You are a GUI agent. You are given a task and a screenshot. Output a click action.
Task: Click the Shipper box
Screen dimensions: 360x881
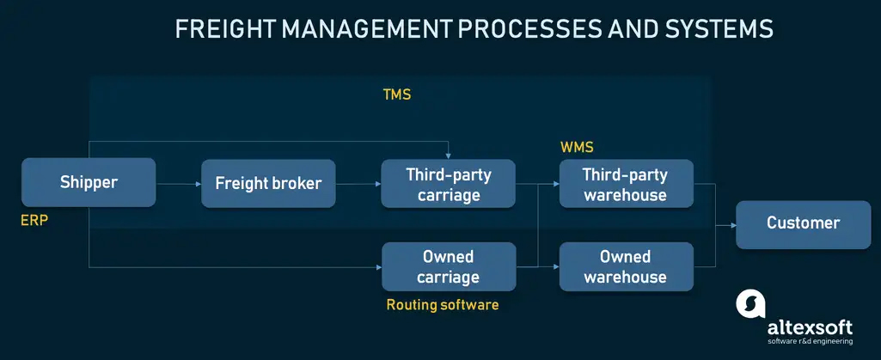click(89, 182)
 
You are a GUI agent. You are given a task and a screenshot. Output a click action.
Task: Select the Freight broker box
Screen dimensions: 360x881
click(268, 183)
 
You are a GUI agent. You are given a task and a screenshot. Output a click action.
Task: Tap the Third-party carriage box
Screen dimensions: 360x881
click(448, 184)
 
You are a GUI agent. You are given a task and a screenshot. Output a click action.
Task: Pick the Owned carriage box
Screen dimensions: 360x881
click(448, 266)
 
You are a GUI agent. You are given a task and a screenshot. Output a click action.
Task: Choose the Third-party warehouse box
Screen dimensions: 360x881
click(625, 184)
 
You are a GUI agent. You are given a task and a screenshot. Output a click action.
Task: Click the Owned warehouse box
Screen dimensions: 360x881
click(625, 266)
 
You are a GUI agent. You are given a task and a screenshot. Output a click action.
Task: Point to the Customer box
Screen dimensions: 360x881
click(803, 224)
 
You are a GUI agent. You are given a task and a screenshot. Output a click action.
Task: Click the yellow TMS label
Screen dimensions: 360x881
click(396, 95)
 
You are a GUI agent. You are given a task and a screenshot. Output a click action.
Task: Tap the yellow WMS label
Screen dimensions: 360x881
click(577, 148)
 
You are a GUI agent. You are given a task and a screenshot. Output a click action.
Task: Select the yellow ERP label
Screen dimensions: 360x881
click(34, 221)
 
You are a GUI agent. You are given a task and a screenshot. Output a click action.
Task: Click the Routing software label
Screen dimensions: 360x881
click(442, 304)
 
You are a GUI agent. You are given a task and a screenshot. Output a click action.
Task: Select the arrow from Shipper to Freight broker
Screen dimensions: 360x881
click(177, 183)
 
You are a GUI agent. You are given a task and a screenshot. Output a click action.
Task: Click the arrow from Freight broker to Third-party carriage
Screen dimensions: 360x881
click(358, 183)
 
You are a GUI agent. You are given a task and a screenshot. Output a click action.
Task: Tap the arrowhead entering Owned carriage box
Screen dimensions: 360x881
click(377, 267)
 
